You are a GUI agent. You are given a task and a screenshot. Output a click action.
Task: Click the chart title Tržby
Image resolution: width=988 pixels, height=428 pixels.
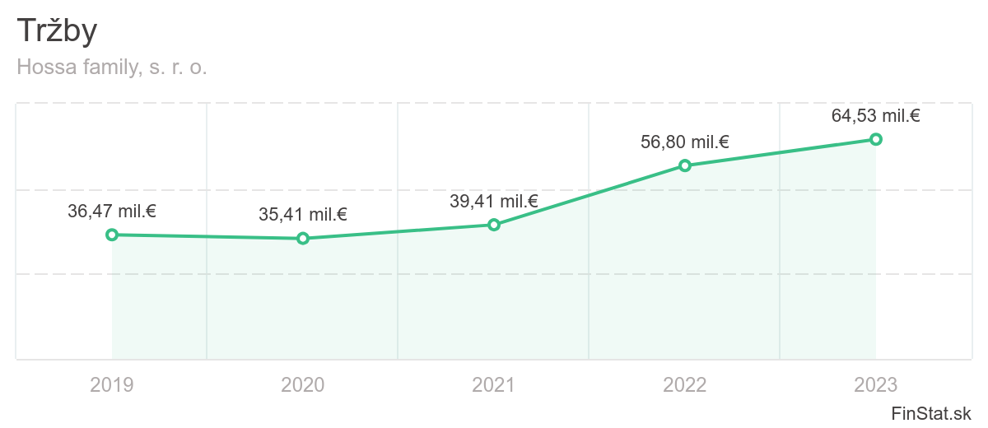(x=57, y=31)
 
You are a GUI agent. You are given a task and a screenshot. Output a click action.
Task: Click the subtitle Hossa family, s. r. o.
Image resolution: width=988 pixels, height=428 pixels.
(x=112, y=67)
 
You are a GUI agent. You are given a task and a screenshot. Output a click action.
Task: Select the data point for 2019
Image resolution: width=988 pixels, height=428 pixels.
(x=112, y=235)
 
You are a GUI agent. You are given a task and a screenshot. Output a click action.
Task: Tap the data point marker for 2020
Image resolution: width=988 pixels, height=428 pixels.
(x=303, y=239)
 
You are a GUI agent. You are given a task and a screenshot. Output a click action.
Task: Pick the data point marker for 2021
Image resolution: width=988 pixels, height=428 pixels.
(x=494, y=225)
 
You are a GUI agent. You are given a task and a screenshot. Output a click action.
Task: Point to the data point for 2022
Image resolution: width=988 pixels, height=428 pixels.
(x=685, y=165)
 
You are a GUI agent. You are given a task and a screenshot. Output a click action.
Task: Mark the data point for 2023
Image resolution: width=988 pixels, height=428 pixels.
(x=876, y=139)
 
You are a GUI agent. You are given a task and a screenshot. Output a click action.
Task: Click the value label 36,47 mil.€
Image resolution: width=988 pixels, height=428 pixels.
(x=112, y=212)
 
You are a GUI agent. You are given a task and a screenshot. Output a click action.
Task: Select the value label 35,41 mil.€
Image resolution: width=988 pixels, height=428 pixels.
(x=303, y=215)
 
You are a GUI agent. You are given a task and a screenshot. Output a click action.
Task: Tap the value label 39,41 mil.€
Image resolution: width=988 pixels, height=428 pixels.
(x=494, y=202)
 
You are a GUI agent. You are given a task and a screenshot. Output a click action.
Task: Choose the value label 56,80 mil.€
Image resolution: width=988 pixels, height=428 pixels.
(x=685, y=142)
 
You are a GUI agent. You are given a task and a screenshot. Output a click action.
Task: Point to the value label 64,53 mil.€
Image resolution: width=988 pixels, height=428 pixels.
(x=876, y=116)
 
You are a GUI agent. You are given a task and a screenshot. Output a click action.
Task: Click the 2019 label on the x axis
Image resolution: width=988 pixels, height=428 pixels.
(x=112, y=384)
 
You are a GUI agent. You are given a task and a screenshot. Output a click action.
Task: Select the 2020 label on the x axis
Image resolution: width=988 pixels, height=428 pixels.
(x=303, y=384)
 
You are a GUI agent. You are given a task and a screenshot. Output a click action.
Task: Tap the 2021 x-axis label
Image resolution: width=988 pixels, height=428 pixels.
(x=494, y=384)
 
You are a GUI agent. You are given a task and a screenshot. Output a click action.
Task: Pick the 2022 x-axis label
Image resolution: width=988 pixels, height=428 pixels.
(x=685, y=384)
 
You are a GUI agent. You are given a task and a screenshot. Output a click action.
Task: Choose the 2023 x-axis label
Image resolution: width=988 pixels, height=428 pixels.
(x=876, y=384)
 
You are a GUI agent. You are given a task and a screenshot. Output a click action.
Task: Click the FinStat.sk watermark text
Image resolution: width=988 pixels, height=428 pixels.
(x=931, y=413)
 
